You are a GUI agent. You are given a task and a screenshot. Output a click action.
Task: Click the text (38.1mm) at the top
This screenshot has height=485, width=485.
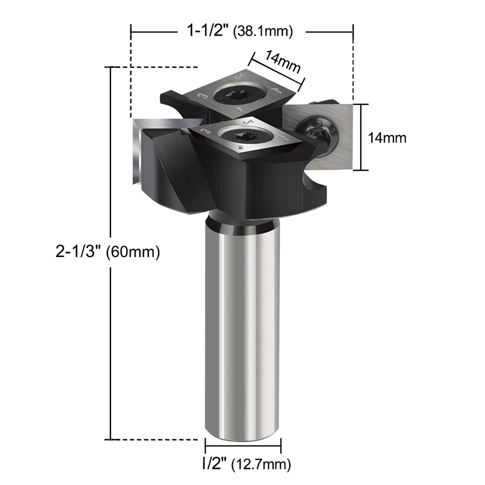point(263,32)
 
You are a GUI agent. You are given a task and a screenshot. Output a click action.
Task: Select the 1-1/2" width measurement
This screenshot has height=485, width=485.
point(207,31)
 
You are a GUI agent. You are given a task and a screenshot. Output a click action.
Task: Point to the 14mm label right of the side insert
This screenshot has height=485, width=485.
point(387,137)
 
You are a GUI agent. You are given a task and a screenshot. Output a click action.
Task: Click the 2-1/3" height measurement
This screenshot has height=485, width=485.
point(79,251)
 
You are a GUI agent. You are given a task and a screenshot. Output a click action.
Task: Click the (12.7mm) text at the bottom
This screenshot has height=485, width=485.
point(261,463)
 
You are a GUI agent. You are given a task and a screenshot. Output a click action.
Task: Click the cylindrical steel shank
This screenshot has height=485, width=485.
point(243,328)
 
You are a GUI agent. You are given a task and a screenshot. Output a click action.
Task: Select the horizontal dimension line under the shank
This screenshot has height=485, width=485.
point(243,447)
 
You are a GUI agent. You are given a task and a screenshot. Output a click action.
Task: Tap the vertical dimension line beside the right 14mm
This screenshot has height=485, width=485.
point(360,137)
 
